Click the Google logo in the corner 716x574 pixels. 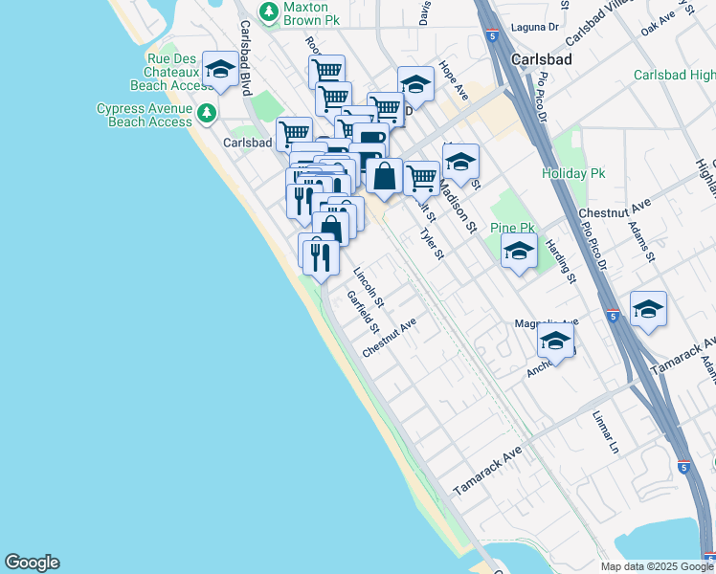click(x=32, y=563)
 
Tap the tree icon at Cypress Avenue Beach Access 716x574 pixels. click(x=206, y=115)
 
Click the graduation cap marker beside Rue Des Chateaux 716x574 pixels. click(x=220, y=70)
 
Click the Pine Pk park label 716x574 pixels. click(x=512, y=229)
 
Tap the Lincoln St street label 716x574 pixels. click(x=369, y=286)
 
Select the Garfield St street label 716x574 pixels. click(x=362, y=312)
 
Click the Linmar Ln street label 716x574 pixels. click(x=606, y=433)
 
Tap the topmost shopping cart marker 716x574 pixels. click(x=326, y=70)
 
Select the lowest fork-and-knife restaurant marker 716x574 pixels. click(x=321, y=255)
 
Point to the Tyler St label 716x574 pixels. click(x=432, y=236)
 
